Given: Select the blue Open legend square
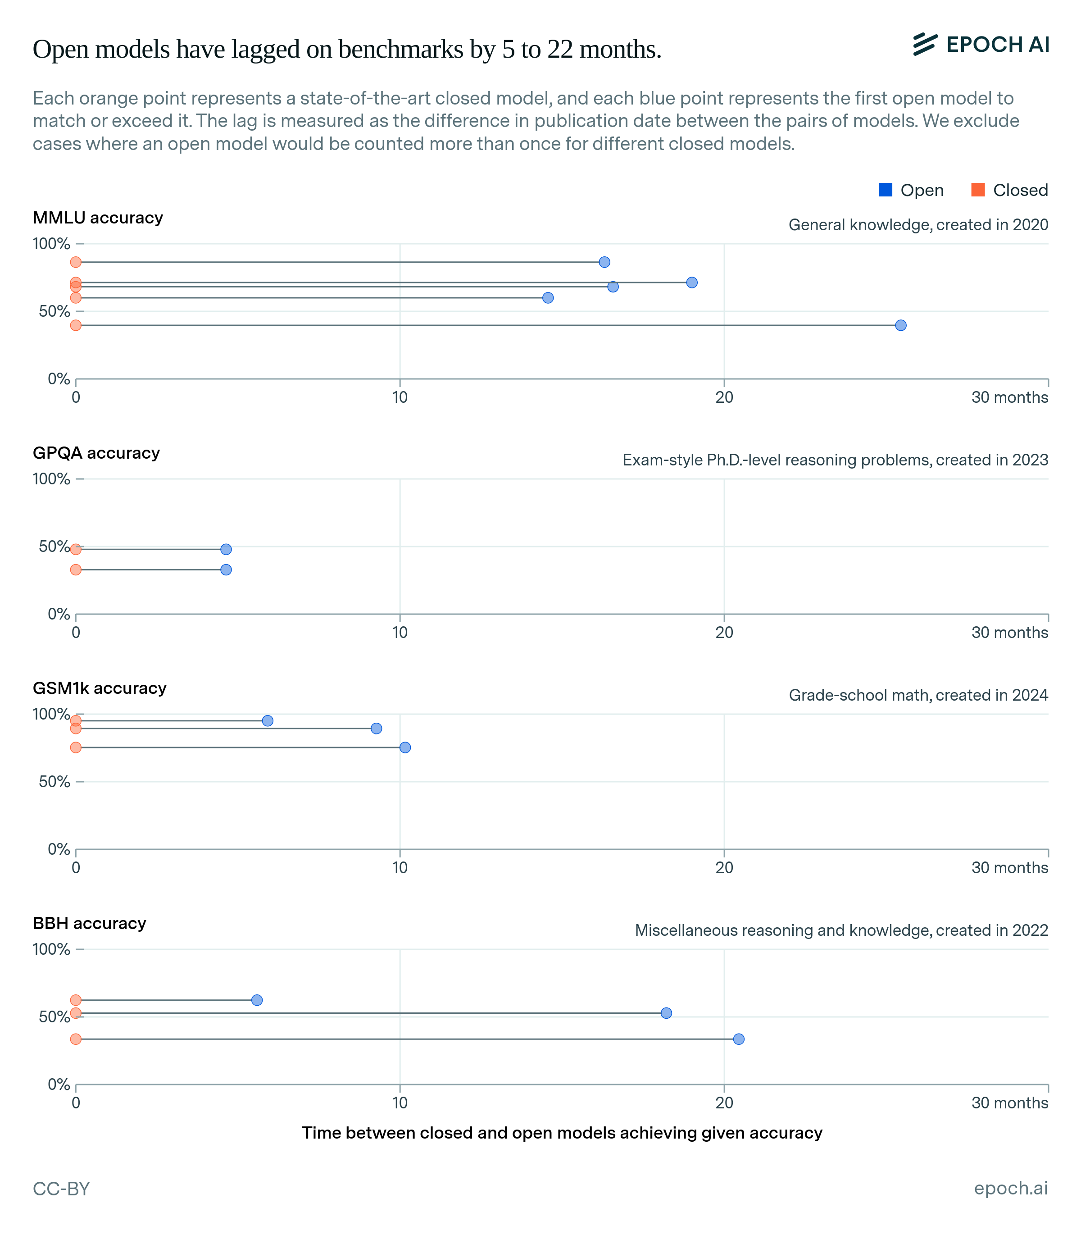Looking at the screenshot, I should [x=885, y=190].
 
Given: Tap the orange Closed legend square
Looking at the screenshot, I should [x=978, y=190].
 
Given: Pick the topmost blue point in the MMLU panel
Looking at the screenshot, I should [x=604, y=262].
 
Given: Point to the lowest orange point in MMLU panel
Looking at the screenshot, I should [x=75, y=325].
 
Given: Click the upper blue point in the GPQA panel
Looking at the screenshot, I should [x=226, y=549].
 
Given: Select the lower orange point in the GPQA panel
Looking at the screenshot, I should [x=75, y=570].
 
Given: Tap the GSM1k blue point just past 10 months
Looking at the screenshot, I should [x=405, y=747].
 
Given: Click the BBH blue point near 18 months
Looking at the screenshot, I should [x=666, y=1013].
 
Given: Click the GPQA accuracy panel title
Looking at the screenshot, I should [x=96, y=453].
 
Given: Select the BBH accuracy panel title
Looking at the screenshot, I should [x=89, y=924].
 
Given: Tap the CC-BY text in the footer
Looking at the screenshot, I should [x=61, y=1189].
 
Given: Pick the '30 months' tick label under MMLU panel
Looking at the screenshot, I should [x=1009, y=397].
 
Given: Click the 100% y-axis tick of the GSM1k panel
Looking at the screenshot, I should [x=51, y=714].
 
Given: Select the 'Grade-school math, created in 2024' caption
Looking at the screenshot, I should [x=918, y=695].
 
